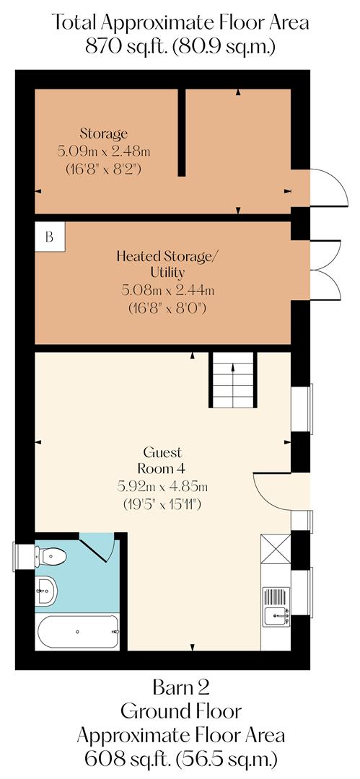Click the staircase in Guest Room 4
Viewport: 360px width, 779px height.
pos(232,379)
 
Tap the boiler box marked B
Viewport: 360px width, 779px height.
pos(50,236)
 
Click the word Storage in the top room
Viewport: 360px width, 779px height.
pos(104,133)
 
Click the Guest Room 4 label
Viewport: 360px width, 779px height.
pos(162,460)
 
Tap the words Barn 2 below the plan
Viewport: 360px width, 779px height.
pos(180,685)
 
